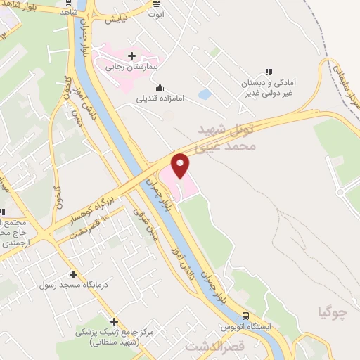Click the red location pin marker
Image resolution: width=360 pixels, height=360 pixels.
tap(181, 165)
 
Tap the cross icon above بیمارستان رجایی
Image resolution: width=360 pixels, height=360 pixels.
tap(131, 55)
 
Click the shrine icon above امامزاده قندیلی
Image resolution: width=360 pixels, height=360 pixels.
tap(160, 88)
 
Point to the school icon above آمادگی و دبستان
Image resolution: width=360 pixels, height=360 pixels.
tap(268, 71)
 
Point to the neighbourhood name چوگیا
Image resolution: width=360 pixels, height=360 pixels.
tap(333, 311)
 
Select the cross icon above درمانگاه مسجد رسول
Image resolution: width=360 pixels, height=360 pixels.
tap(73, 274)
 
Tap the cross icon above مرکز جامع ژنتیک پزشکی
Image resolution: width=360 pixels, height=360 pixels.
tap(114, 321)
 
